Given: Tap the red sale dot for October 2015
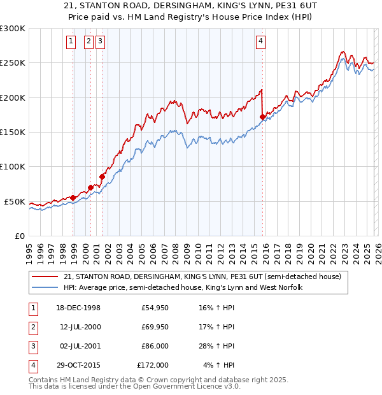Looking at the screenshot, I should click(263, 117).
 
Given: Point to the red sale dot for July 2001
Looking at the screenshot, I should click(102, 176).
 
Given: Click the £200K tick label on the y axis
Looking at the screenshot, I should click(13, 97).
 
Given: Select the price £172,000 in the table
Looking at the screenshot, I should click(153, 365).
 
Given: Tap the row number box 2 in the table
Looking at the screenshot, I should click(32, 327).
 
